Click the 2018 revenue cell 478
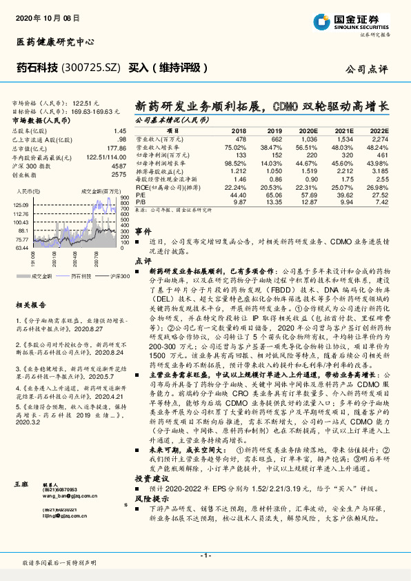[239, 139]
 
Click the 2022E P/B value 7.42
[381, 203]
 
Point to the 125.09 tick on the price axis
[19, 205]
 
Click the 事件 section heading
[142, 232]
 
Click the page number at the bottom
[205, 555]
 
